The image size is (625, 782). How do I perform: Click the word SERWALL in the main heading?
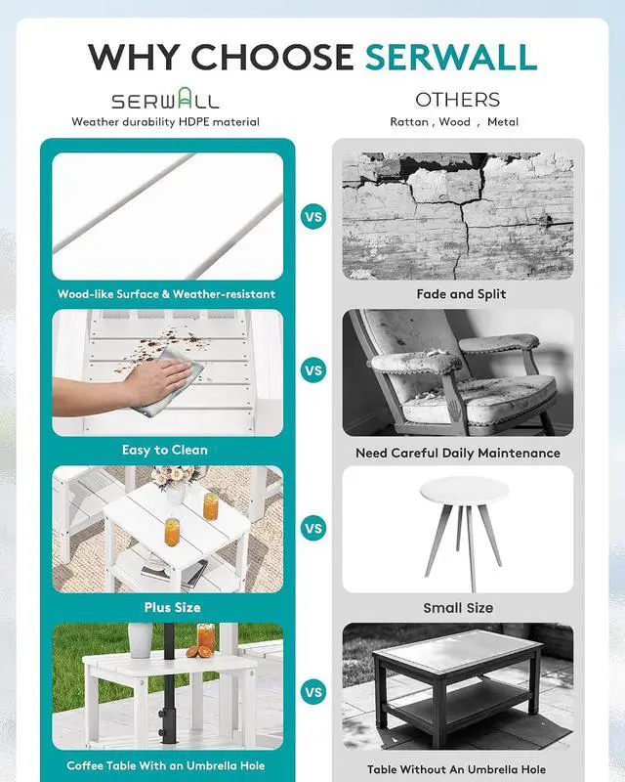[x=451, y=57]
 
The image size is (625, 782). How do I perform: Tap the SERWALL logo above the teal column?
[x=165, y=99]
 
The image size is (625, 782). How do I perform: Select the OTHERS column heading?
[x=458, y=100]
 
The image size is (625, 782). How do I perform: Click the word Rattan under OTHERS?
[x=409, y=121]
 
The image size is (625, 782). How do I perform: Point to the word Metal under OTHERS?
[x=503, y=121]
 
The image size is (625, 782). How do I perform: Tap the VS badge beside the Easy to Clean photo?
[x=313, y=370]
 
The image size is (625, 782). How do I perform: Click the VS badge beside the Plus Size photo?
[x=313, y=528]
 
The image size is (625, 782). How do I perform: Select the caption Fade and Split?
[x=461, y=294]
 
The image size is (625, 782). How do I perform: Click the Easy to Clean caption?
[x=164, y=450]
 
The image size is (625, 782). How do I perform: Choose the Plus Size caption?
[x=173, y=607]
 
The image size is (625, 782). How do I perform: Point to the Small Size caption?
[x=458, y=608]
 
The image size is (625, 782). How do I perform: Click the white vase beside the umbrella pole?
[x=141, y=640]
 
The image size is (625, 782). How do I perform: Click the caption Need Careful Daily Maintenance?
[x=458, y=453]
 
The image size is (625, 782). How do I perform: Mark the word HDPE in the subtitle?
[x=194, y=121]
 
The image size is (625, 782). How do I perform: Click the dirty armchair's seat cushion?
[x=479, y=399]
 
